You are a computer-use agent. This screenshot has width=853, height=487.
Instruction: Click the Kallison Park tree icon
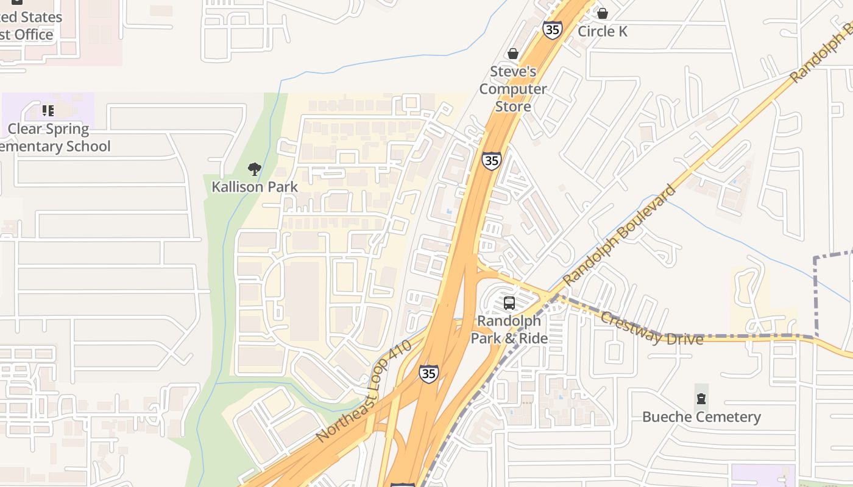click(x=255, y=169)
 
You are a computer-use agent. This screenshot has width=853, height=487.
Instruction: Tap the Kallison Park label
click(x=255, y=187)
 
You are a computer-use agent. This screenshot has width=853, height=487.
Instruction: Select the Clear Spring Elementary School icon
click(x=48, y=111)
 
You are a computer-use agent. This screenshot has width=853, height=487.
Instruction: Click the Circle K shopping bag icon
click(x=603, y=13)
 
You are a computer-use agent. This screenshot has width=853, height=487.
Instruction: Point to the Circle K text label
click(x=603, y=31)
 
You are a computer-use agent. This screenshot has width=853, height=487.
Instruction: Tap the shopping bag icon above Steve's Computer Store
click(x=513, y=54)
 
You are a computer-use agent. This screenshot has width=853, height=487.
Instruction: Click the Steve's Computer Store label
click(x=513, y=89)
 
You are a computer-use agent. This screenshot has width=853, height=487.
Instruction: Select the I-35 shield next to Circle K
click(x=552, y=30)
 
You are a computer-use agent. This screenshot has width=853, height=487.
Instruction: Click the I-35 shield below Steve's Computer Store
click(x=491, y=160)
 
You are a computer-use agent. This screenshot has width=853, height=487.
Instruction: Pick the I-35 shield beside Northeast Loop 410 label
click(x=428, y=373)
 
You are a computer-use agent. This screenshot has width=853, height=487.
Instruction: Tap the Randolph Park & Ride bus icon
click(x=509, y=303)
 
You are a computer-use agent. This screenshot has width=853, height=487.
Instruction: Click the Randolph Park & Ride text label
click(x=509, y=329)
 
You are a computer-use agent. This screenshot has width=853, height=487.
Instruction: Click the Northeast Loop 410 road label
click(x=364, y=391)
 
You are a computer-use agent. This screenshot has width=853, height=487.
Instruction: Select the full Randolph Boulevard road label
click(x=620, y=236)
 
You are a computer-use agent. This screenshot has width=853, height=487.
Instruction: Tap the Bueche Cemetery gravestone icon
click(x=701, y=399)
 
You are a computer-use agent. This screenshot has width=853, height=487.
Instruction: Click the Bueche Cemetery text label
click(x=701, y=417)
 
